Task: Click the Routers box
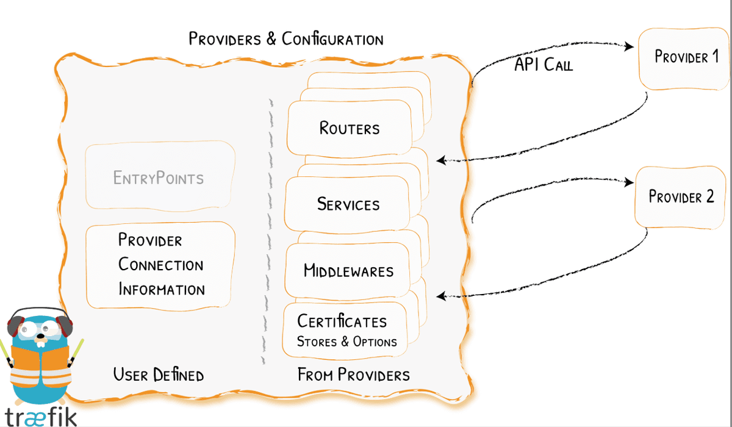point(349,128)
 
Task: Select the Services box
point(348,204)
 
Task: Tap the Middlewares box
point(348,270)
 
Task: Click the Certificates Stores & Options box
point(345,330)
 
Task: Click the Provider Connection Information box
point(160,265)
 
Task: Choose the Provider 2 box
point(681,196)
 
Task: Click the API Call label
point(544,65)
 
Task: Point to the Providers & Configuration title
point(286,40)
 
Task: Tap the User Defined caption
point(159,374)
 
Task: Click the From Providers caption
point(353,374)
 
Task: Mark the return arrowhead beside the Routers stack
point(441,160)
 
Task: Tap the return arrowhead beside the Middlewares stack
point(441,296)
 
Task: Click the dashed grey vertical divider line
point(267,232)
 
